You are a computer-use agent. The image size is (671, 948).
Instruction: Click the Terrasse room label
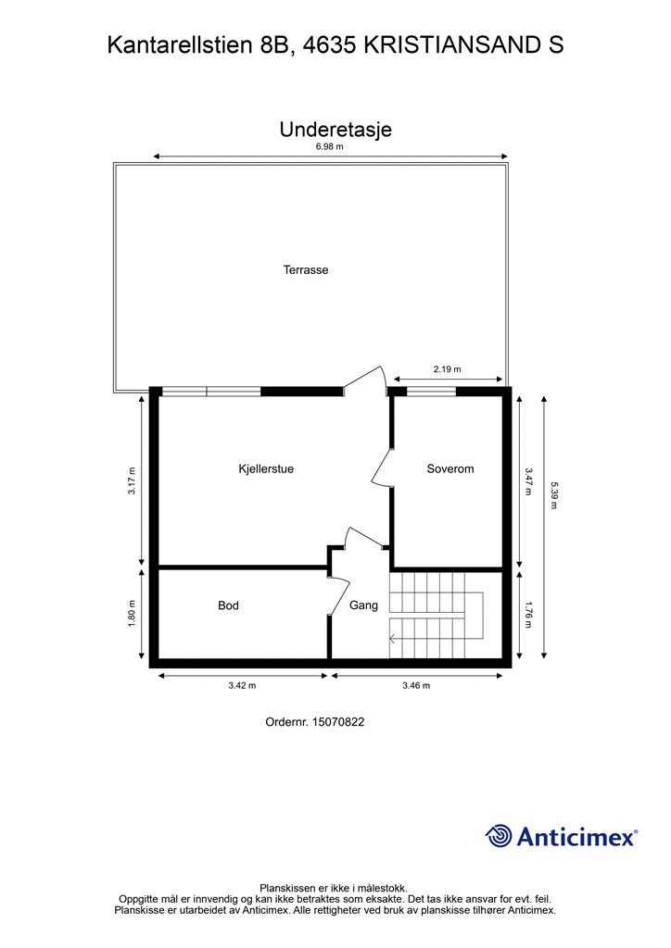[x=306, y=270]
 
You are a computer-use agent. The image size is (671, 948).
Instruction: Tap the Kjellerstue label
[x=266, y=468]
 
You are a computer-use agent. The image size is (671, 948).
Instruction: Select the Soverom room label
[x=449, y=468]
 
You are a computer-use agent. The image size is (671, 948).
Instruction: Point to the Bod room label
[x=228, y=605]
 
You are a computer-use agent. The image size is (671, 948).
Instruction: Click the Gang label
[x=363, y=605]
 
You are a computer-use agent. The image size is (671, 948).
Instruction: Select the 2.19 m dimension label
[x=447, y=369]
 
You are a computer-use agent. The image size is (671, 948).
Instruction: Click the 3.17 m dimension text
[x=132, y=480]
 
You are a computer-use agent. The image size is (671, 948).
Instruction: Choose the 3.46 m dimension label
[x=416, y=686]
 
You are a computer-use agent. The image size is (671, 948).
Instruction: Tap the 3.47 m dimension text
[x=527, y=480]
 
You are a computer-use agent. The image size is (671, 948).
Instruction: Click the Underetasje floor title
[x=335, y=130]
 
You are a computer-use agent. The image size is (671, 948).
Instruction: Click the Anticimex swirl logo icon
[x=499, y=836]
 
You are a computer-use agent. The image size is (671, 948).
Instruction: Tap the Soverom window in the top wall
[x=431, y=391]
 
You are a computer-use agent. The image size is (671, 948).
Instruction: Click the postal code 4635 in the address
[x=328, y=44]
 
